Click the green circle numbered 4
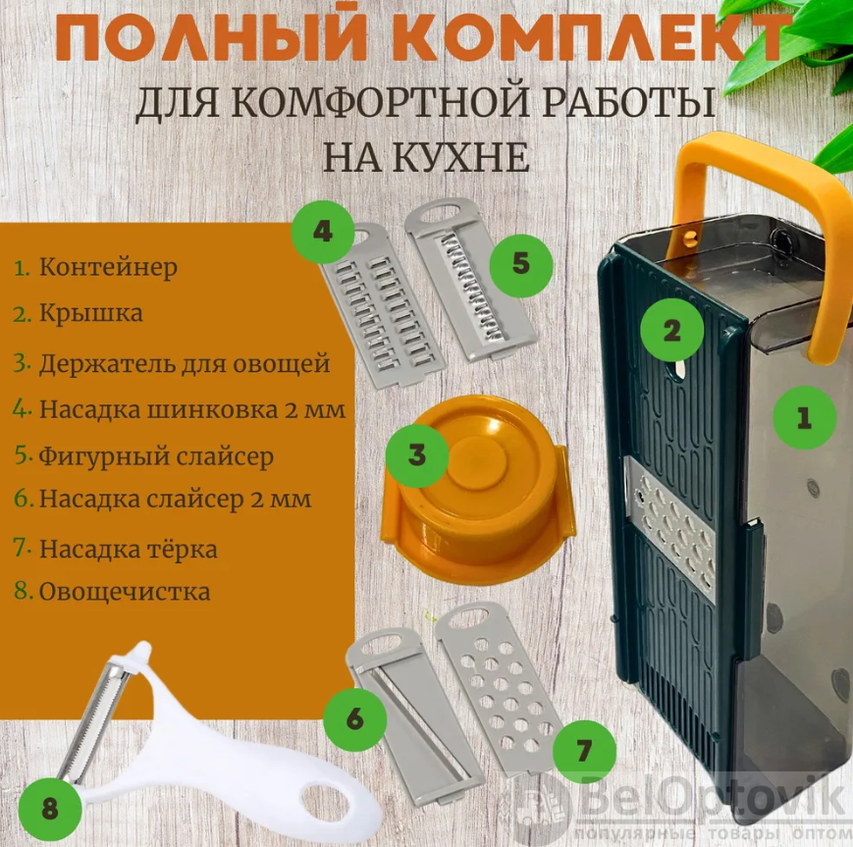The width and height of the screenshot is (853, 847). pyautogui.click(x=323, y=232)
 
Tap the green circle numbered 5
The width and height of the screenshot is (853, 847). pyautogui.click(x=520, y=265)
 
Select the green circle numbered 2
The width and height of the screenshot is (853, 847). pyautogui.click(x=671, y=330)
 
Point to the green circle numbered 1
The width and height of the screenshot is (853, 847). pyautogui.click(x=805, y=418)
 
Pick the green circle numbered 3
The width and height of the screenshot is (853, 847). pyautogui.click(x=417, y=455)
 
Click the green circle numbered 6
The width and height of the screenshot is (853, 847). pyautogui.click(x=354, y=719)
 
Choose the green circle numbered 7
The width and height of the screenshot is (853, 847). pyautogui.click(x=584, y=752)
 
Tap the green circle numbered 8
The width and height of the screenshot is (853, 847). pyautogui.click(x=49, y=809)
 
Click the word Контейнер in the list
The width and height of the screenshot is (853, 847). pyautogui.click(x=108, y=268)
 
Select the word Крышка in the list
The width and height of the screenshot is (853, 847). pyautogui.click(x=91, y=314)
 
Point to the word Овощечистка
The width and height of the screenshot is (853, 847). pyautogui.click(x=125, y=592)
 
